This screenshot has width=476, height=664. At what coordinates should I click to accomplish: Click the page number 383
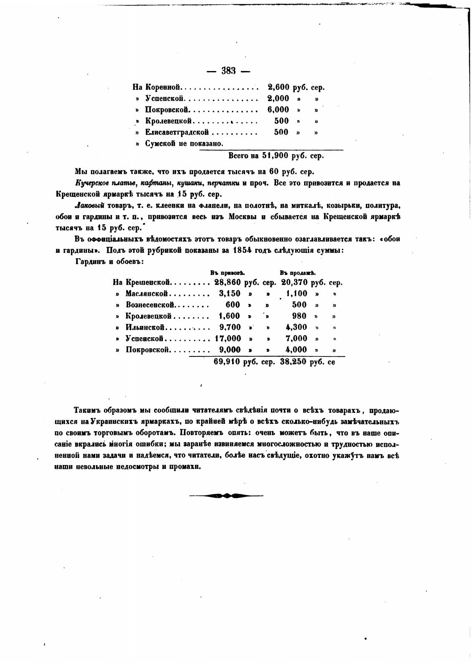tap(229, 71)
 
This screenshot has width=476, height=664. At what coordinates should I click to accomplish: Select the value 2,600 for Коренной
tap(278, 87)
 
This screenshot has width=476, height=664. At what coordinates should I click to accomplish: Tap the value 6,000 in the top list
tap(278, 109)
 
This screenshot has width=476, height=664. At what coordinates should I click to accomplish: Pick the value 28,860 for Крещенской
tap(228, 282)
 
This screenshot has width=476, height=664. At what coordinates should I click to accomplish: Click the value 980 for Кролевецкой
tap(299, 316)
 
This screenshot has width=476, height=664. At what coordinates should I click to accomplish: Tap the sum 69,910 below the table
tap(227, 361)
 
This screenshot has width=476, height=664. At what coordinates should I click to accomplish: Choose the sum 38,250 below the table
tap(294, 361)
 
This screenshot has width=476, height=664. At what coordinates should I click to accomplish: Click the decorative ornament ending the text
tap(226, 496)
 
